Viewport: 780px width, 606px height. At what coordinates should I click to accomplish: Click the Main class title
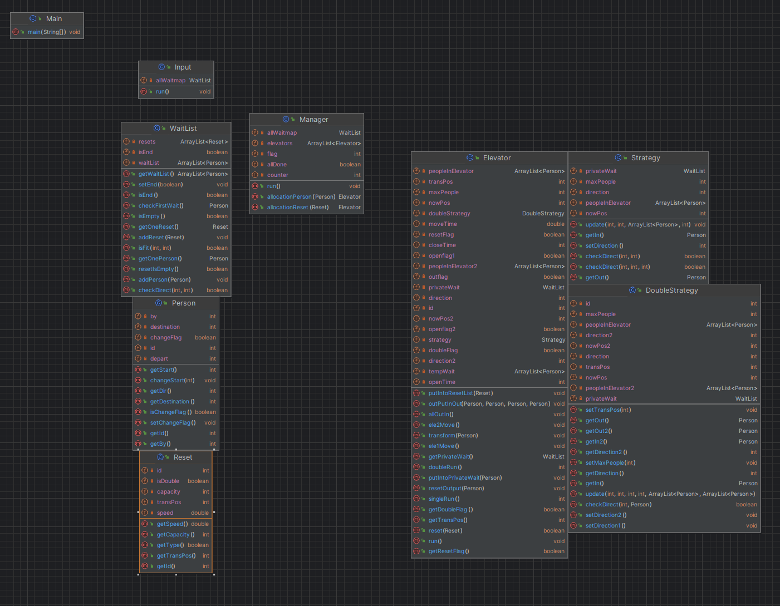[54, 19]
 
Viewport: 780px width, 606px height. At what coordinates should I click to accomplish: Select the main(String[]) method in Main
[47, 32]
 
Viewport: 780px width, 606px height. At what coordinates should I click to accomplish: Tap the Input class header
[183, 67]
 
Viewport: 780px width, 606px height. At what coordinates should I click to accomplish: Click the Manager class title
[313, 120]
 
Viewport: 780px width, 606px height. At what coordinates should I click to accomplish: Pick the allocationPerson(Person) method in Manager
[301, 196]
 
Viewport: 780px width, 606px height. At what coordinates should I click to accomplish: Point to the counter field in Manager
[277, 175]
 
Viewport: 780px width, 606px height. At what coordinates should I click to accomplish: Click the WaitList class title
[183, 129]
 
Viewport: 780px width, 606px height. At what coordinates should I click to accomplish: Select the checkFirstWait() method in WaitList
[161, 205]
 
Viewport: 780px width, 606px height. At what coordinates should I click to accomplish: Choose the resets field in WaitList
[147, 142]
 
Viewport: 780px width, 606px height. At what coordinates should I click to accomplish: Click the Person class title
[183, 303]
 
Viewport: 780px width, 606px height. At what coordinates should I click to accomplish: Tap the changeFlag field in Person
[166, 338]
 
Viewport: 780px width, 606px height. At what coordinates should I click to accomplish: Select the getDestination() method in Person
[172, 401]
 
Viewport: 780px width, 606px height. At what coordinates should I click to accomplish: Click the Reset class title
[183, 457]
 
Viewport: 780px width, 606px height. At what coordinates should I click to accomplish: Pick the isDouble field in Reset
[168, 481]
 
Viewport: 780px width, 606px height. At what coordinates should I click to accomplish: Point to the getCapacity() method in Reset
[175, 535]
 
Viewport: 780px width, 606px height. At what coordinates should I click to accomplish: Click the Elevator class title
[497, 158]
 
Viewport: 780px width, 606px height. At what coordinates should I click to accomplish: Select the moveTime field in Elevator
[443, 224]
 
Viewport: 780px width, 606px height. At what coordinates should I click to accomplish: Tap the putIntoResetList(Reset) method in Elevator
[460, 393]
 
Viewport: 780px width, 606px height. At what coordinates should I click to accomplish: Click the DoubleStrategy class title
[671, 290]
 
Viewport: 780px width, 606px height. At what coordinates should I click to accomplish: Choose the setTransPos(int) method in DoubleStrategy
[608, 410]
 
